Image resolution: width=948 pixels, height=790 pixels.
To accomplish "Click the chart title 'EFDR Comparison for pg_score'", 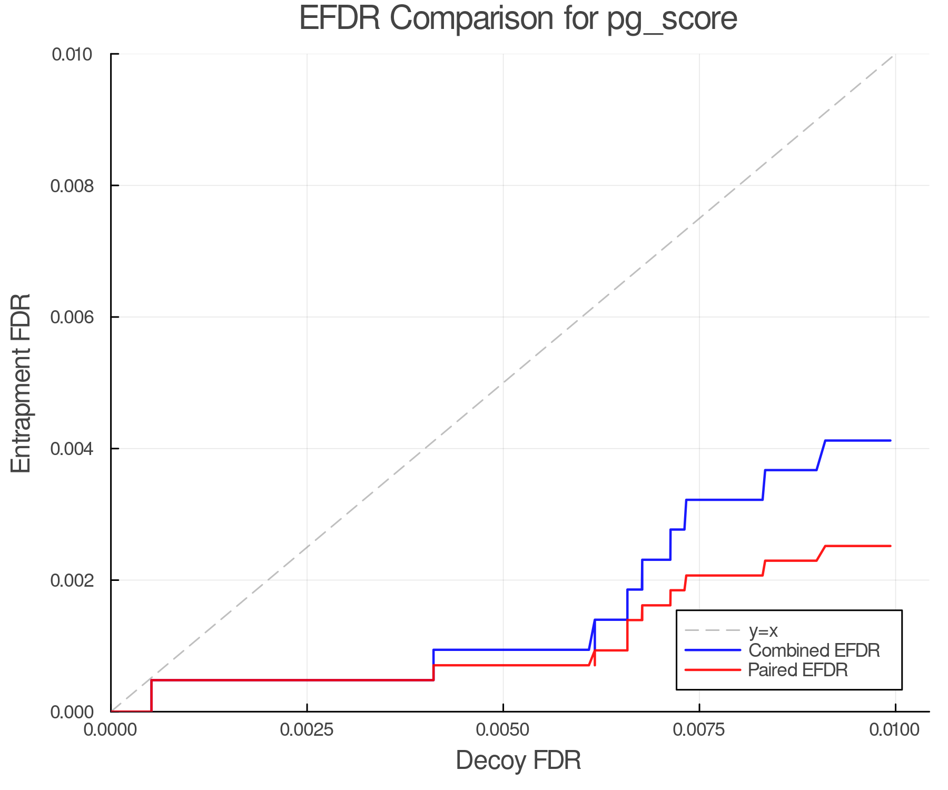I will tap(518, 18).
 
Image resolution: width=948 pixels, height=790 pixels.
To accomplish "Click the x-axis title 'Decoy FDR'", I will tap(518, 761).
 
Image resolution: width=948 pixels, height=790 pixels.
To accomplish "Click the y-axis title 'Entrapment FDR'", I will tap(21, 383).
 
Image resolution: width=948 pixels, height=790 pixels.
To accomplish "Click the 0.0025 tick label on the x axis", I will tap(307, 729).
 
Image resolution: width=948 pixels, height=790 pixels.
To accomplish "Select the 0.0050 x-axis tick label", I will tap(503, 729).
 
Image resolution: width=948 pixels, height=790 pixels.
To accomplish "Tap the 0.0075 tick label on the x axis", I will tap(699, 729).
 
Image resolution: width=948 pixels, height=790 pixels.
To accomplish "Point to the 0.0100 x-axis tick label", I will tap(895, 729).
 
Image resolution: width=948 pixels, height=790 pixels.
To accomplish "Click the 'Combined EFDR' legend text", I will tap(814, 650).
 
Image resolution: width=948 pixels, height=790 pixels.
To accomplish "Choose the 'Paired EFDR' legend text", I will tap(798, 670).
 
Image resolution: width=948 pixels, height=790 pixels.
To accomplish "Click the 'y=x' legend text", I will tap(763, 630).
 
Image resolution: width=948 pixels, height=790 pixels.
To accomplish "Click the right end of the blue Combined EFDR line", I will tap(890, 440).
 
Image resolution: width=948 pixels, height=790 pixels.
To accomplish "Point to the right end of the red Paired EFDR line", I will tap(890, 546).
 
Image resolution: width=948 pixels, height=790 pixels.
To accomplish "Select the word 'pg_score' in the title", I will tap(672, 19).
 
